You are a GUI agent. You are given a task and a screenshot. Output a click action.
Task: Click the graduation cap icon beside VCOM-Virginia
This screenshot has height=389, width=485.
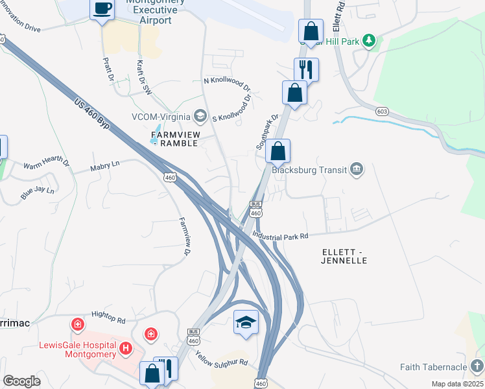pyautogui.click(x=200, y=117)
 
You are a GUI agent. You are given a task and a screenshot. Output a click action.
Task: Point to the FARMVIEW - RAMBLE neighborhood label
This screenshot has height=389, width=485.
pyautogui.click(x=173, y=138)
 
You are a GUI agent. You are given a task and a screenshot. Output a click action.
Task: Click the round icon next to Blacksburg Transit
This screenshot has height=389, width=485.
pyautogui.click(x=357, y=170)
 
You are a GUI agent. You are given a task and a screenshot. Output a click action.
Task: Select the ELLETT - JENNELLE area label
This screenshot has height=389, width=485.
pyautogui.click(x=344, y=255)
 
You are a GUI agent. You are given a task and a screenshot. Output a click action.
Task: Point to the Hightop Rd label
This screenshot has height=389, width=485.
pyautogui.click(x=108, y=316)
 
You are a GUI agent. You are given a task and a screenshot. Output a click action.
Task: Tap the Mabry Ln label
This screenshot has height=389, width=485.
pyautogui.click(x=106, y=166)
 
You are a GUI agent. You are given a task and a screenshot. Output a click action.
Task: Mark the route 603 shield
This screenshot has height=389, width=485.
pyautogui.click(x=383, y=112)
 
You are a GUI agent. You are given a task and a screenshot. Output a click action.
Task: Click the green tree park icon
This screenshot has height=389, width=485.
pyautogui.click(x=370, y=41)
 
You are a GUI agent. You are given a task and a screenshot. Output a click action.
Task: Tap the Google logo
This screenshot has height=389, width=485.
pyautogui.click(x=21, y=381)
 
